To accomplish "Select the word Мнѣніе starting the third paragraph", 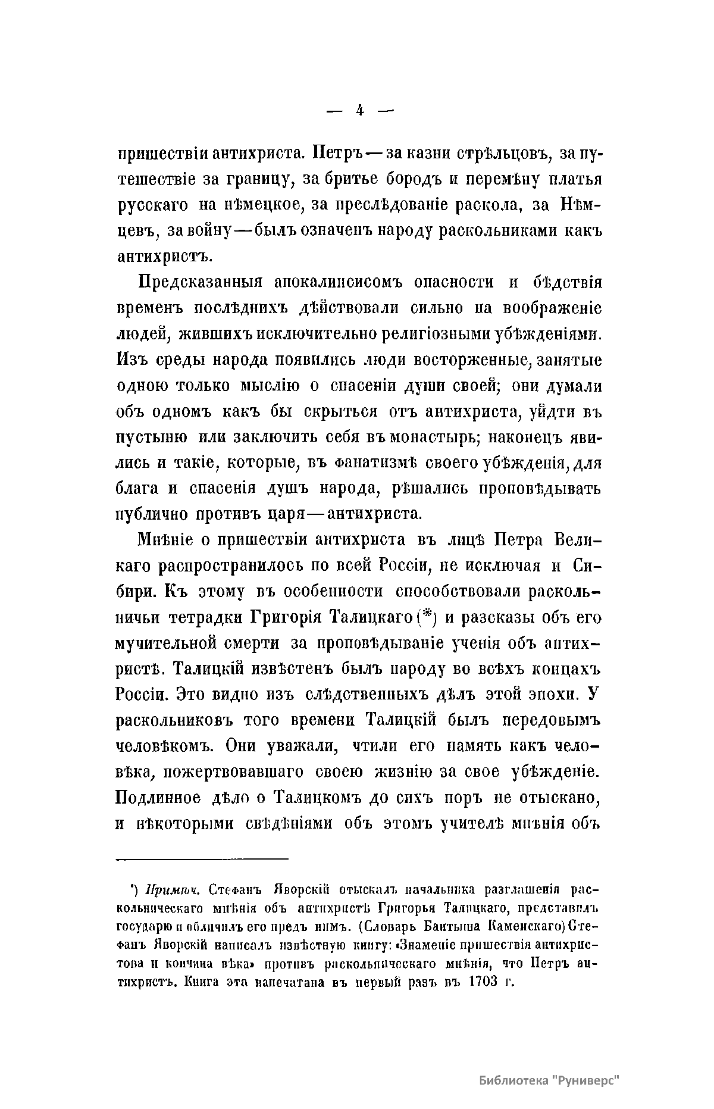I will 166,540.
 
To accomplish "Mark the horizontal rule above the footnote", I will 202,858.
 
